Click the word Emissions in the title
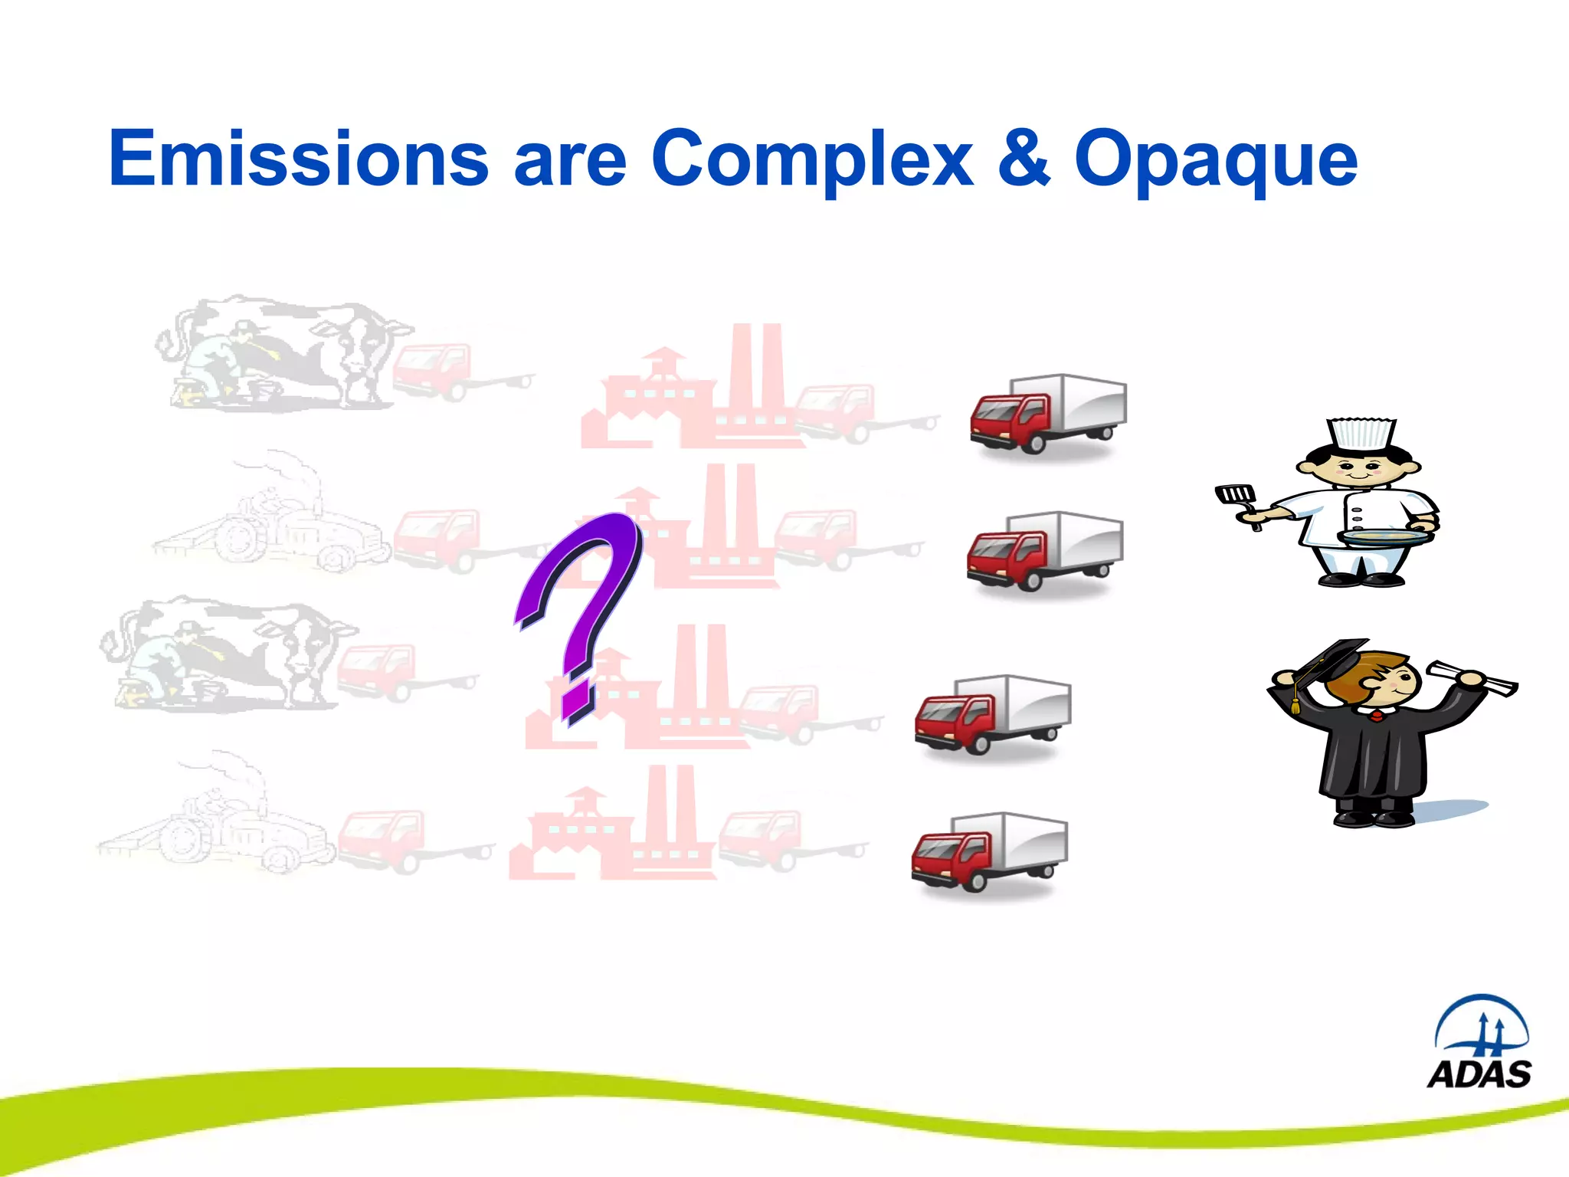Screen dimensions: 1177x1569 pyautogui.click(x=299, y=159)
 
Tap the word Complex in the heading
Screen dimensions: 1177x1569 pyautogui.click(x=812, y=159)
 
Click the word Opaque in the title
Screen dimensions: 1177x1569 pyautogui.click(x=1216, y=161)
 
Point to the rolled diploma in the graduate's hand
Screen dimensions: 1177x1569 pyautogui.click(x=1471, y=677)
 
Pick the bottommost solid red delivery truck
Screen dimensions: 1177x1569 pyautogui.click(x=989, y=851)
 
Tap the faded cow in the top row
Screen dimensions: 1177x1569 pyautogui.click(x=283, y=352)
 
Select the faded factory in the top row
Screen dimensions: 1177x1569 pyautogui.click(x=690, y=391)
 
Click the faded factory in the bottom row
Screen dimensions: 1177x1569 pyautogui.click(x=613, y=828)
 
